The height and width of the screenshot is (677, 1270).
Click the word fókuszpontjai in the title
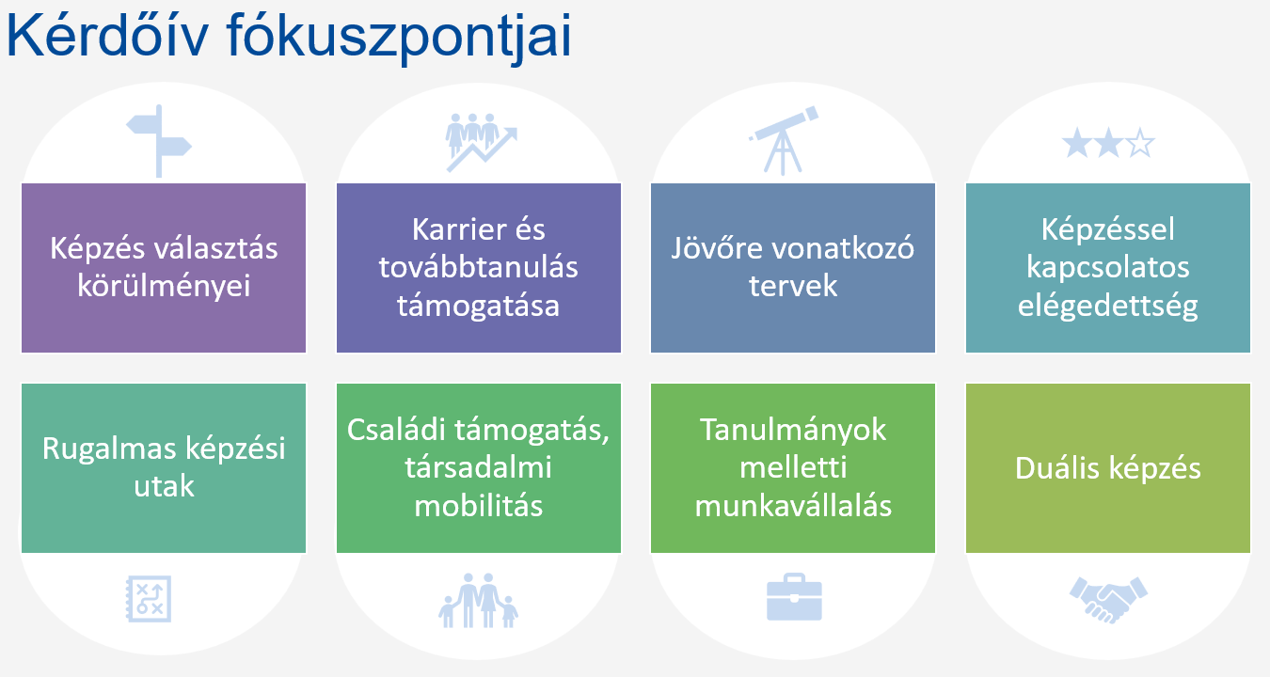tap(399, 39)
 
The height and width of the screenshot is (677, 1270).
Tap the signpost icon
tap(159, 141)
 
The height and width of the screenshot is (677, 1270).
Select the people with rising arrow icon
tap(482, 142)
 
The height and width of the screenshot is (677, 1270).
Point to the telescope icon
tap(784, 140)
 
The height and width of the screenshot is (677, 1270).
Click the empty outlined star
tap(1140, 143)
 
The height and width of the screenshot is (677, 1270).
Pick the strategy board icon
tap(149, 599)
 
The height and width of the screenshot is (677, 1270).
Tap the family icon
tap(479, 601)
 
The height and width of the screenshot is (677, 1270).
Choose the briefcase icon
tap(794, 597)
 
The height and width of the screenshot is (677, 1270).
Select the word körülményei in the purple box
tap(164, 287)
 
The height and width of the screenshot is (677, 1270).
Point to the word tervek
tap(793, 286)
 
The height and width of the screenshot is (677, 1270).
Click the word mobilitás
tap(479, 505)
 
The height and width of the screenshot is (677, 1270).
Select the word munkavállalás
tap(793, 505)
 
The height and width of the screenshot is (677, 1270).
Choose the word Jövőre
tap(717, 249)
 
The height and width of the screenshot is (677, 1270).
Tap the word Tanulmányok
tap(793, 431)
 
